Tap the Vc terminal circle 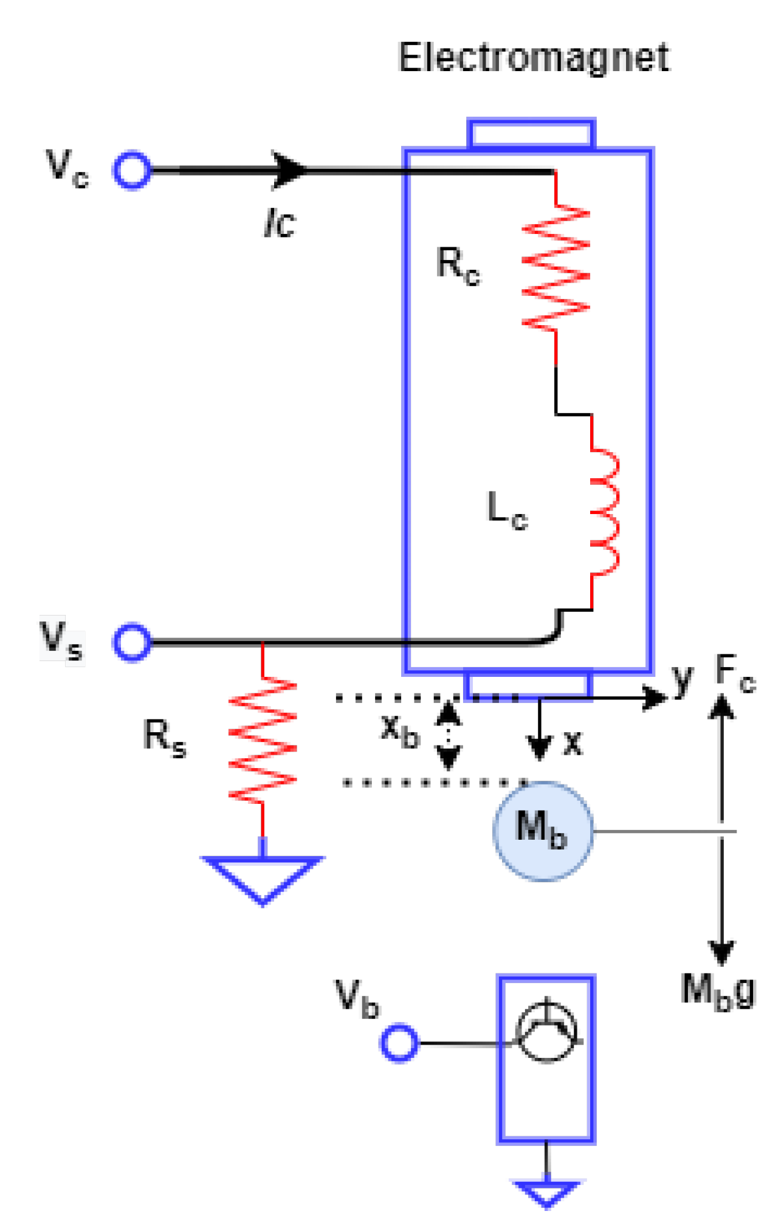[x=132, y=170]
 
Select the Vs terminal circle [x=132, y=642]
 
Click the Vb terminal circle [x=399, y=1043]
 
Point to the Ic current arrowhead [x=289, y=170]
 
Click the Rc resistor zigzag [x=555, y=267]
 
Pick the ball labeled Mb [x=542, y=830]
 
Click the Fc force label [x=734, y=673]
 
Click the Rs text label [x=164, y=737]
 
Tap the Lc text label [x=507, y=510]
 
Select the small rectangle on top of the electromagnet [x=531, y=133]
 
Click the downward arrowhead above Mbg [x=721, y=951]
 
